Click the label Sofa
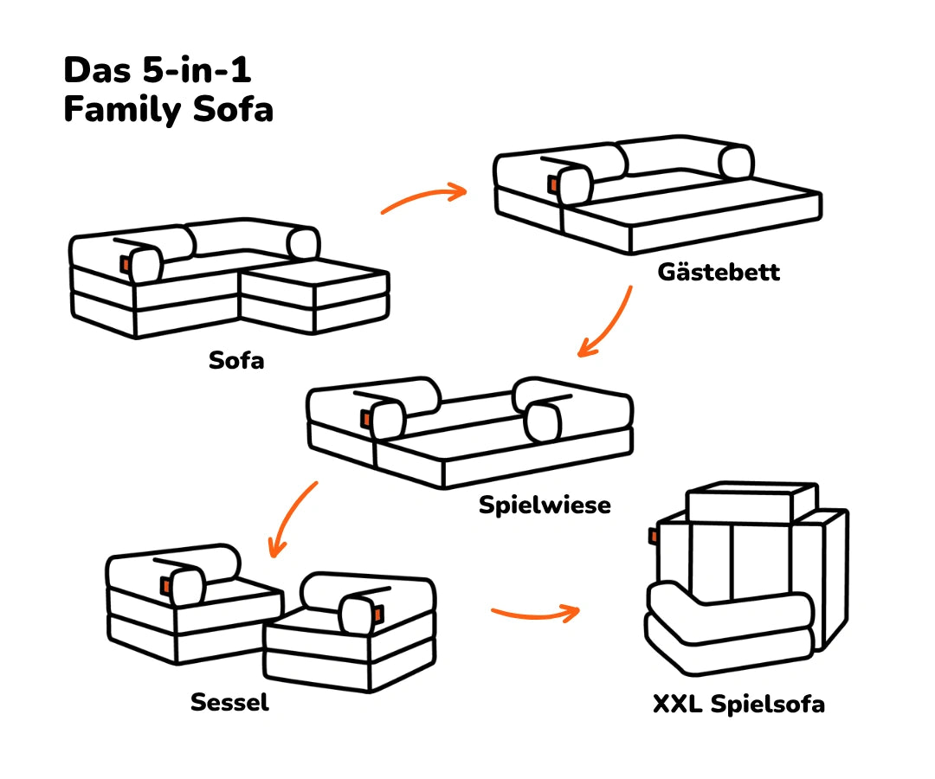click(x=236, y=360)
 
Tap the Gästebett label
click(x=719, y=272)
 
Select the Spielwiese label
click(x=545, y=505)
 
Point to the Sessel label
click(x=229, y=701)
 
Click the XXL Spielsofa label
click(x=738, y=704)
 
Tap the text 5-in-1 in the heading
click(x=189, y=68)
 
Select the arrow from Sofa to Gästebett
click(x=424, y=198)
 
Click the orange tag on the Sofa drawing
click(x=126, y=264)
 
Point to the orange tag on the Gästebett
click(x=551, y=184)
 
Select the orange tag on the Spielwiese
click(x=365, y=418)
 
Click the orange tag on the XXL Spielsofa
click(x=653, y=537)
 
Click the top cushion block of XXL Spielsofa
click(x=751, y=502)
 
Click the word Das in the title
click(x=95, y=68)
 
